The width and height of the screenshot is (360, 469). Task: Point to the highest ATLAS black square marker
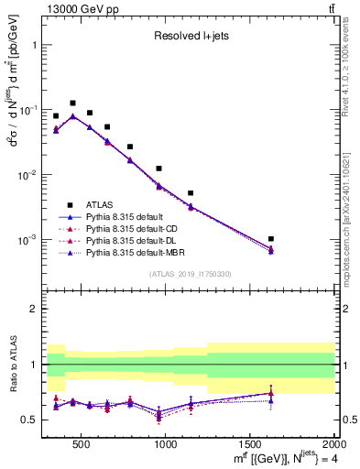tap(72, 104)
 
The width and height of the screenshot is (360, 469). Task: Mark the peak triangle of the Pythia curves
tap(72, 116)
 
